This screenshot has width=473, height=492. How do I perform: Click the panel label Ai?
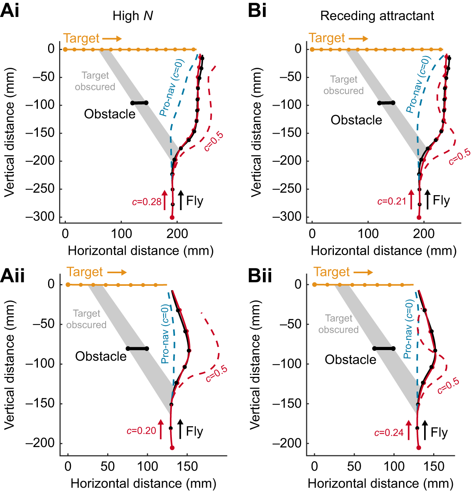[10, 10]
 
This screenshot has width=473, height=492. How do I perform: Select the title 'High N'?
[132, 16]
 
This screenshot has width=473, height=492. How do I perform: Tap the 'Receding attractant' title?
[377, 16]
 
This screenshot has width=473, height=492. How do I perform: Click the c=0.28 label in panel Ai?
[147, 202]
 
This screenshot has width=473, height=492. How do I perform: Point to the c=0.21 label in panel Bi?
[391, 201]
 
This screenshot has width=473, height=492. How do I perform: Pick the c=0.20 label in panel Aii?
[142, 431]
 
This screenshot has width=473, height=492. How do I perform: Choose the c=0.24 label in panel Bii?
[389, 433]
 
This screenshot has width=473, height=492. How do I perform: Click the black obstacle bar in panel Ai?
[139, 103]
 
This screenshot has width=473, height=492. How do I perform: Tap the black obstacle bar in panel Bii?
[384, 348]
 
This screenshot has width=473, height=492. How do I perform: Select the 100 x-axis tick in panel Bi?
[368, 233]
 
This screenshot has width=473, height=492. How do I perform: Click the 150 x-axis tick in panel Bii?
[434, 466]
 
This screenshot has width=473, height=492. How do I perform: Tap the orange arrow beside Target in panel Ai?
[112, 39]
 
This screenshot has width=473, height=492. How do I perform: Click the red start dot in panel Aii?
[172, 447]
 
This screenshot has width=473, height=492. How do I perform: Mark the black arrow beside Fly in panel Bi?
[427, 200]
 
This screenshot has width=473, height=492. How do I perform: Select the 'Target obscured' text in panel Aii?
[86, 319]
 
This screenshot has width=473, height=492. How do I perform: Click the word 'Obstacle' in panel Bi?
[356, 120]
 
